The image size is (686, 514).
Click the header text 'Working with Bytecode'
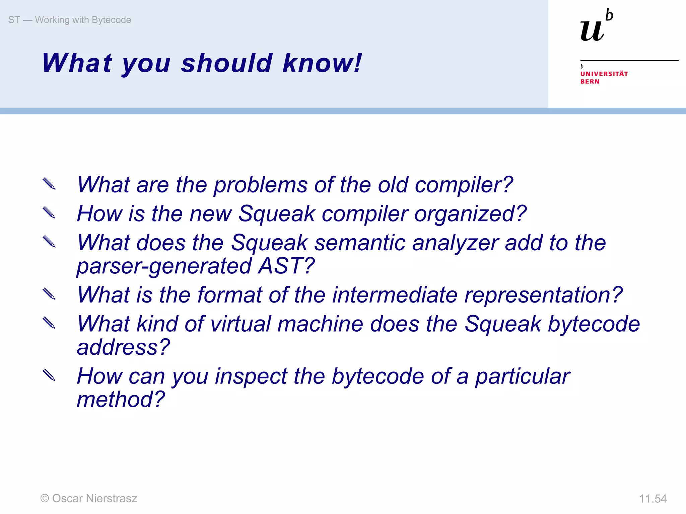[x=83, y=20]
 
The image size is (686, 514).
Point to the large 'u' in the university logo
[x=592, y=31]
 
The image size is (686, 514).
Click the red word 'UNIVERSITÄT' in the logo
[x=604, y=74]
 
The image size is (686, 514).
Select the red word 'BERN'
[x=590, y=82]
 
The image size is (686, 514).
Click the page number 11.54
[x=653, y=499]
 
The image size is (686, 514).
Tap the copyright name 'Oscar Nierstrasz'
[x=94, y=498]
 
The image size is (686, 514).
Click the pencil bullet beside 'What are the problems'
[x=49, y=184]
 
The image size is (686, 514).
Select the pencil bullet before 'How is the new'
[x=49, y=213]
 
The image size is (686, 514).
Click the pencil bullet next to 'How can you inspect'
[x=49, y=375]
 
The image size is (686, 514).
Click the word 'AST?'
[x=286, y=266]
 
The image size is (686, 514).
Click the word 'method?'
[x=121, y=400]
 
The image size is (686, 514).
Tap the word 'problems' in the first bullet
[x=260, y=185]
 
